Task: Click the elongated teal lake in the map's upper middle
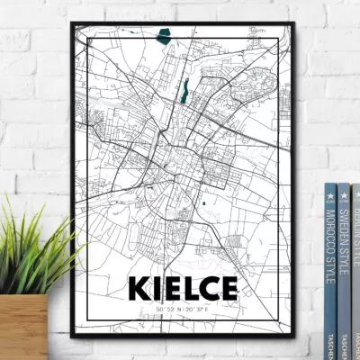184,90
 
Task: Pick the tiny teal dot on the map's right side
205,205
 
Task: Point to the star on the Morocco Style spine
330,192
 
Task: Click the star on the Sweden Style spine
344,192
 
